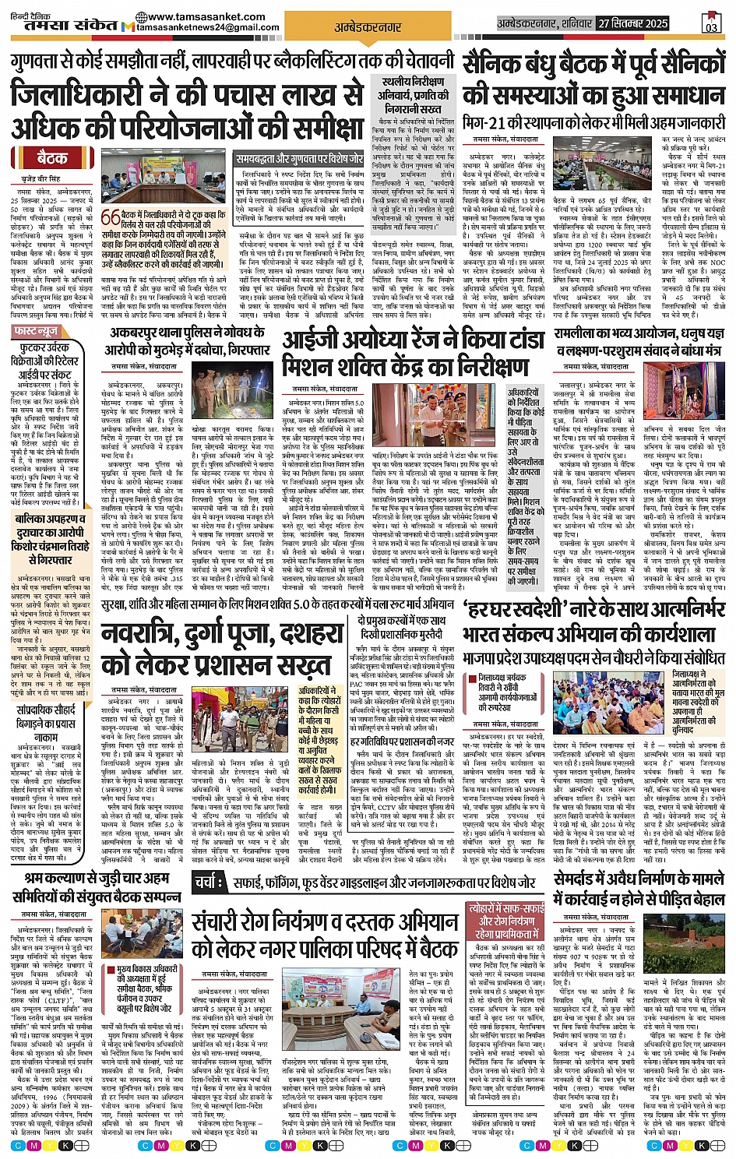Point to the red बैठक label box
(x=52, y=159)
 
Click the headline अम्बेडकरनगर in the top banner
(x=368, y=27)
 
